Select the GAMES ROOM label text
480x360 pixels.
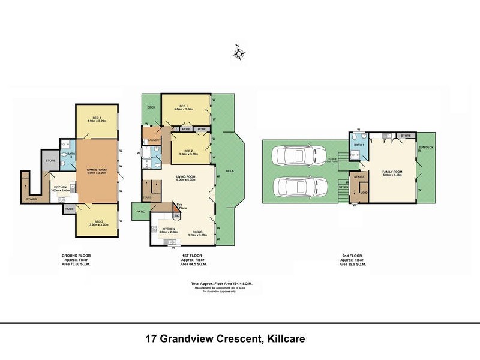point(97,170)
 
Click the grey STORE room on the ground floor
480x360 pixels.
point(51,160)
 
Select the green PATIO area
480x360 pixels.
point(140,211)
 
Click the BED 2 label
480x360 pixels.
point(188,151)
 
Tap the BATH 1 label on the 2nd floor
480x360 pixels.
point(358,145)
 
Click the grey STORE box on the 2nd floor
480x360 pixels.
point(406,136)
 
